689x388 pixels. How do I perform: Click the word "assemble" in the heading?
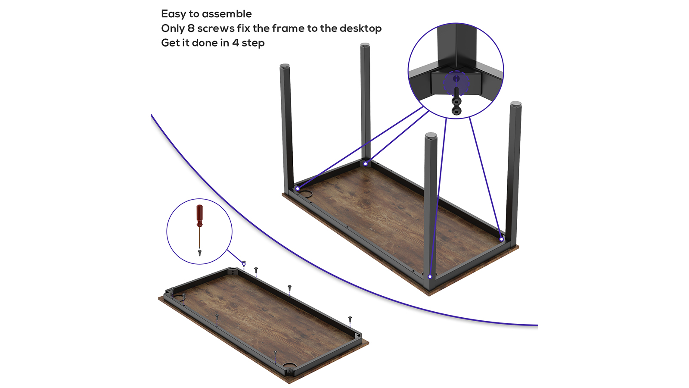click(x=227, y=14)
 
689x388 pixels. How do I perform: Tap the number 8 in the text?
click(x=191, y=28)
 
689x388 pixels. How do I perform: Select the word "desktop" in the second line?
click(x=360, y=28)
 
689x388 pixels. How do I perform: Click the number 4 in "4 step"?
click(x=235, y=43)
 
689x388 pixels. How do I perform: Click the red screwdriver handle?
click(x=200, y=215)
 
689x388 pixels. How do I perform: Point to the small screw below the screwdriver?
click(x=200, y=253)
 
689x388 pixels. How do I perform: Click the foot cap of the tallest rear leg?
click(x=365, y=45)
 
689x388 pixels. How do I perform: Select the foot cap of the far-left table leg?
click(x=285, y=66)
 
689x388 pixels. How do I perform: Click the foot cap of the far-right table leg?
click(x=516, y=104)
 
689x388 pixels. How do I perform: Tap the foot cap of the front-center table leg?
click(x=431, y=135)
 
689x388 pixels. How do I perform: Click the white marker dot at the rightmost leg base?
click(x=501, y=239)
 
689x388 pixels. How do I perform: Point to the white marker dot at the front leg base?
click(x=430, y=277)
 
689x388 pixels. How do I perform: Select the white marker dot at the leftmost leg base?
click(x=298, y=188)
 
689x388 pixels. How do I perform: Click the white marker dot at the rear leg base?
click(x=366, y=164)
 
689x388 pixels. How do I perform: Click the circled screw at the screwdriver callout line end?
click(x=244, y=263)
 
